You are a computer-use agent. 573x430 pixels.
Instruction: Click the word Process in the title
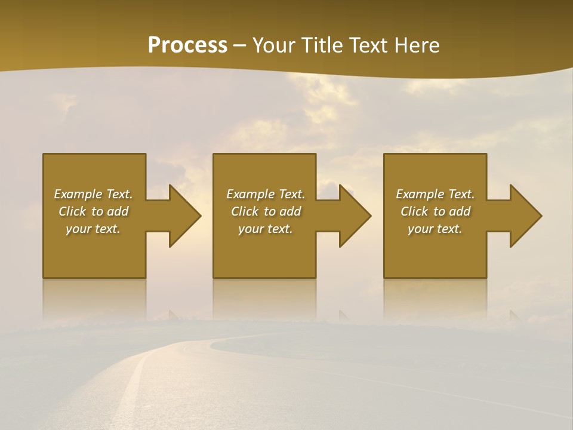(x=187, y=45)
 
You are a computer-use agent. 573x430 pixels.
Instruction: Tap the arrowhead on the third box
(x=522, y=216)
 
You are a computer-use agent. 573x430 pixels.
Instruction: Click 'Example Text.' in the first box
(x=93, y=194)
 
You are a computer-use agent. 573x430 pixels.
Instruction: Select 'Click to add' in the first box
(x=93, y=211)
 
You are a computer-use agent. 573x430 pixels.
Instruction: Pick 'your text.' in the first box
(x=93, y=229)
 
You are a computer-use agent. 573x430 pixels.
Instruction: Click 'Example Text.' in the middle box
(x=265, y=194)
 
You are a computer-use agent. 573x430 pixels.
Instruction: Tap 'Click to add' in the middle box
(x=265, y=211)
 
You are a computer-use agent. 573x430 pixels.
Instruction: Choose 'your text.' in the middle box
(x=265, y=229)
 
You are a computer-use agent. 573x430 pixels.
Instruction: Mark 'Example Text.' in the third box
(x=435, y=194)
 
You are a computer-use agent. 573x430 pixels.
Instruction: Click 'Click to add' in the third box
(x=435, y=211)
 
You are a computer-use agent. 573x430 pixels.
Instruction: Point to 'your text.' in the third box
(x=435, y=229)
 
